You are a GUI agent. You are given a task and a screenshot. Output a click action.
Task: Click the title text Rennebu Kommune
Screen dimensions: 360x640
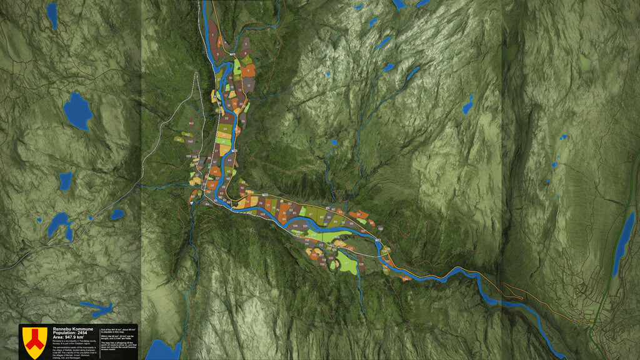[x=73, y=328]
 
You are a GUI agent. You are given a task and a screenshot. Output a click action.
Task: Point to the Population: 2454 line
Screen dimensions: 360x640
[x=71, y=332]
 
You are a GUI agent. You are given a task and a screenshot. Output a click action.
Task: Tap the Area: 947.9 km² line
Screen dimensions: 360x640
[x=72, y=337]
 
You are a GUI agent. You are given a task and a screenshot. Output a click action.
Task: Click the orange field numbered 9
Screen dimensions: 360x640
[x=249, y=71]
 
